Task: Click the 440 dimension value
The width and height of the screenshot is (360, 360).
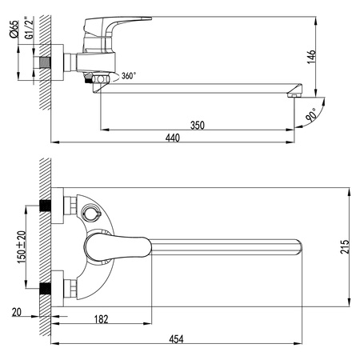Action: [173, 138]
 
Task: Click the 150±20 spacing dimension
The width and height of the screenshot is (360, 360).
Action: [25, 247]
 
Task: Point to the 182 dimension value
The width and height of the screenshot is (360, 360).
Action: [102, 319]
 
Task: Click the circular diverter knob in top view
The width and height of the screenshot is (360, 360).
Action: [90, 214]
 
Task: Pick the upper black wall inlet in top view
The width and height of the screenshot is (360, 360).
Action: [45, 206]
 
